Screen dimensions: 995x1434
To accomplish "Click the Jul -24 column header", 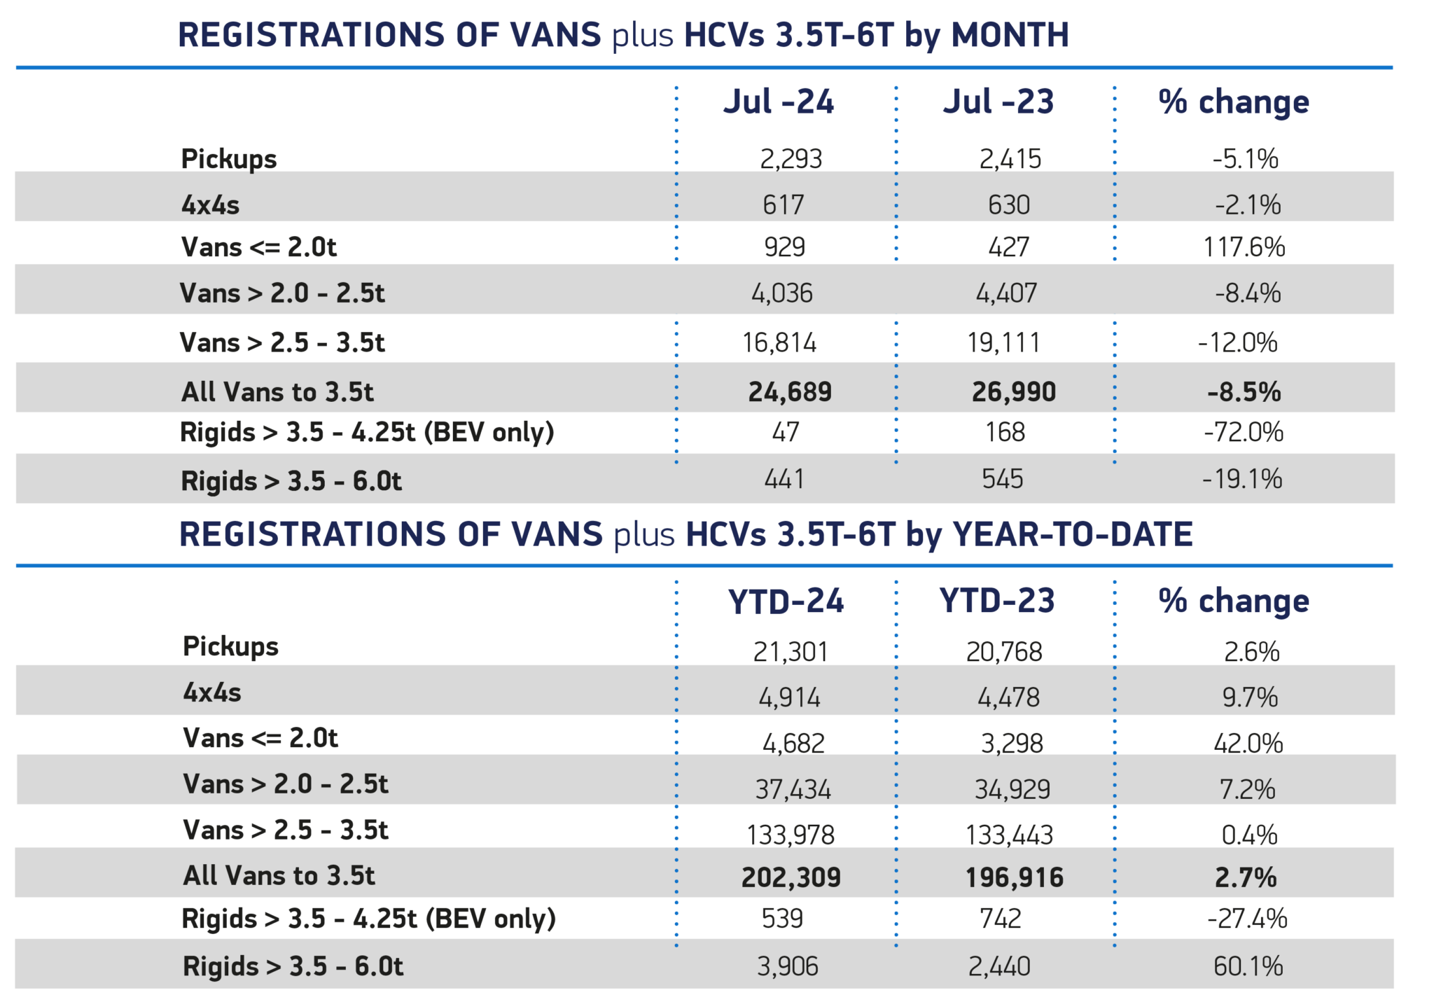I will click(x=778, y=102).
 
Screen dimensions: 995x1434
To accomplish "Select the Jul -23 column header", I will click(x=998, y=102).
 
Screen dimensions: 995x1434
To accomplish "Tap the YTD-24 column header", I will click(x=786, y=601).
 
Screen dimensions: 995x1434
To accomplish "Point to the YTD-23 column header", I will click(x=997, y=601).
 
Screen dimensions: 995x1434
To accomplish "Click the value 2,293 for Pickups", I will click(x=791, y=159).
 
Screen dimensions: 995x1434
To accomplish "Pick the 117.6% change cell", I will click(x=1244, y=247).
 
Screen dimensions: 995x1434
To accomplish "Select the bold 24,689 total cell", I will click(x=790, y=391).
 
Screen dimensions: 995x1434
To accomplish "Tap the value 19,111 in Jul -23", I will click(x=1003, y=342).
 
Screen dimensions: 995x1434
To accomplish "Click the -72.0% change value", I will click(x=1244, y=432).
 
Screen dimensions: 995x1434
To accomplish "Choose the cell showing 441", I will click(x=784, y=479).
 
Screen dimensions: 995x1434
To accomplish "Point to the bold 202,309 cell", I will click(x=791, y=877).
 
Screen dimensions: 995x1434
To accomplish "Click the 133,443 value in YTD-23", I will click(x=1009, y=835).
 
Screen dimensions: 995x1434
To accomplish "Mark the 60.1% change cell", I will click(x=1248, y=966).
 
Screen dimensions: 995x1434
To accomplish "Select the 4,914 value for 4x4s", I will click(x=789, y=697).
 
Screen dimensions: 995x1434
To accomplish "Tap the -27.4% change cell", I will click(x=1247, y=919).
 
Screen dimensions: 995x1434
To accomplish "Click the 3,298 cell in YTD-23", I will click(x=1012, y=743).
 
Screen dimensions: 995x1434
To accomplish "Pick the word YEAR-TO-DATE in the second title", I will click(x=1072, y=534).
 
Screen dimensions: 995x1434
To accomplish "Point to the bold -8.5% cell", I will click(x=1244, y=391).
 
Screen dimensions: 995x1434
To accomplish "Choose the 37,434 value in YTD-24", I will click(x=793, y=789).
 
